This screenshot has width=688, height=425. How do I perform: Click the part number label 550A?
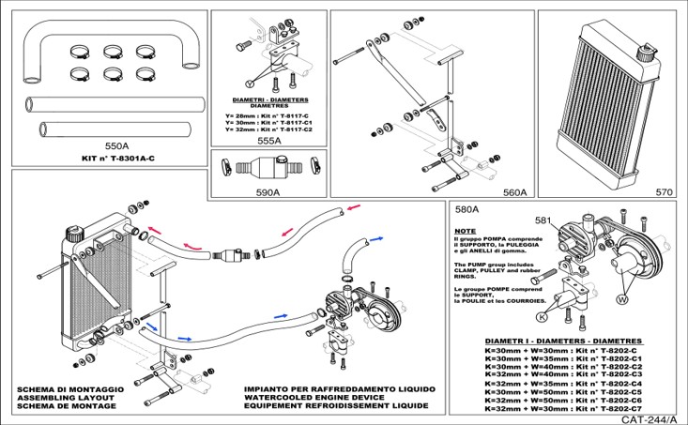click(116, 146)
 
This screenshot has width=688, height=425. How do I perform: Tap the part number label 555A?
click(268, 140)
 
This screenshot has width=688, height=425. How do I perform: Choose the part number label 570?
click(664, 191)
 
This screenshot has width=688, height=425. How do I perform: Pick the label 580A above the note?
click(466, 210)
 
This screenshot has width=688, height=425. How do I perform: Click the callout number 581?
click(543, 220)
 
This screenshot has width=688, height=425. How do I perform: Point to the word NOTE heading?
click(464, 230)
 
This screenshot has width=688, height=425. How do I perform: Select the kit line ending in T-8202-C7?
click(562, 409)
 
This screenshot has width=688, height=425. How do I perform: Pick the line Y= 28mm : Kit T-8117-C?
click(268, 114)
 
